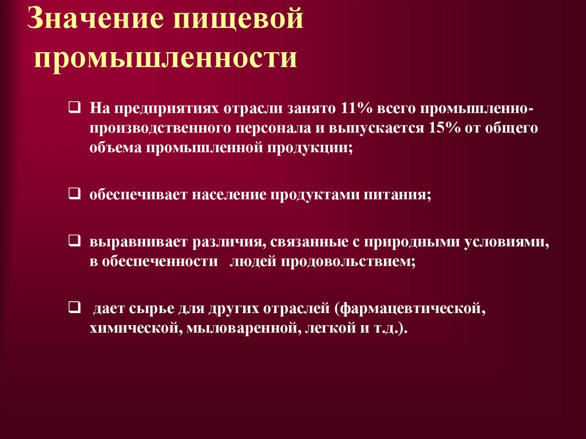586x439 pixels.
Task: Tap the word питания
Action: click(396, 195)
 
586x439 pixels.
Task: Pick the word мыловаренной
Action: click(240, 329)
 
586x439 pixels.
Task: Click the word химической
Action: click(134, 329)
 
